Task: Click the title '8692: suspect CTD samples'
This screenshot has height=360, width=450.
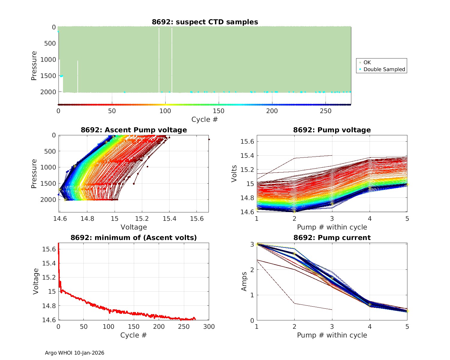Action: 205,22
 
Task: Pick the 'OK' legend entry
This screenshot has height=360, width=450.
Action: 367,62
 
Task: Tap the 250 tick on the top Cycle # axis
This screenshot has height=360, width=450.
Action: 325,111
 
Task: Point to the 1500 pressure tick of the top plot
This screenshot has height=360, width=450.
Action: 48,76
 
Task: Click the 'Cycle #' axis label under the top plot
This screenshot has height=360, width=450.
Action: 205,119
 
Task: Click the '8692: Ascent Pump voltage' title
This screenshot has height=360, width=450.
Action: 133,130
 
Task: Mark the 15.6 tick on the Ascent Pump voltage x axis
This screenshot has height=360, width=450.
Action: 196,219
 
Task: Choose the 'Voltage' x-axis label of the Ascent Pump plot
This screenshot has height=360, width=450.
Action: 133,227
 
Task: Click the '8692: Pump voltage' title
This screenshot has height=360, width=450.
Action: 332,130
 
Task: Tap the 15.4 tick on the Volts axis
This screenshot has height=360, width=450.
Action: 247,155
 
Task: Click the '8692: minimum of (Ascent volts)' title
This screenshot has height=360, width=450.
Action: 133,238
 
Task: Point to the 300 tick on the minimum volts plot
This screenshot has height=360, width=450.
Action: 209,327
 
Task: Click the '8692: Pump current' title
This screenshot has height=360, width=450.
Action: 332,238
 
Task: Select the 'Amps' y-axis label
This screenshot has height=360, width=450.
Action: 244,281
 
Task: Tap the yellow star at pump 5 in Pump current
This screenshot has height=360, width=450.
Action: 407,311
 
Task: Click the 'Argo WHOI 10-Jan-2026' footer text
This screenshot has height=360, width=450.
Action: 74,353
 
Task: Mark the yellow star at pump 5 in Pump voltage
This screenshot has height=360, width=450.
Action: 407,184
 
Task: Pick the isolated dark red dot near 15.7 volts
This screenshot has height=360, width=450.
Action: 209,139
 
